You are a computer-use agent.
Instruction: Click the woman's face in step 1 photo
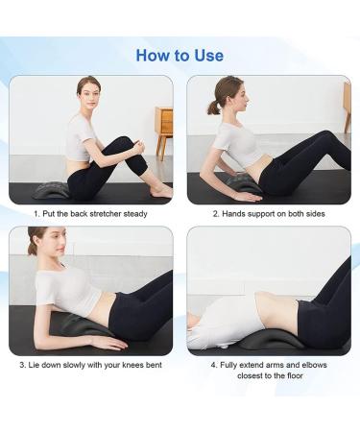coord(87,95)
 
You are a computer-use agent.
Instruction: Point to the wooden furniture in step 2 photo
coord(346,106)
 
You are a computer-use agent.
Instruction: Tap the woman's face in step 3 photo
coord(41,244)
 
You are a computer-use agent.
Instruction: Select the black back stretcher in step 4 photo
coord(263,339)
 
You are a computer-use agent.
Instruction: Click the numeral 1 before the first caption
coord(36,213)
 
